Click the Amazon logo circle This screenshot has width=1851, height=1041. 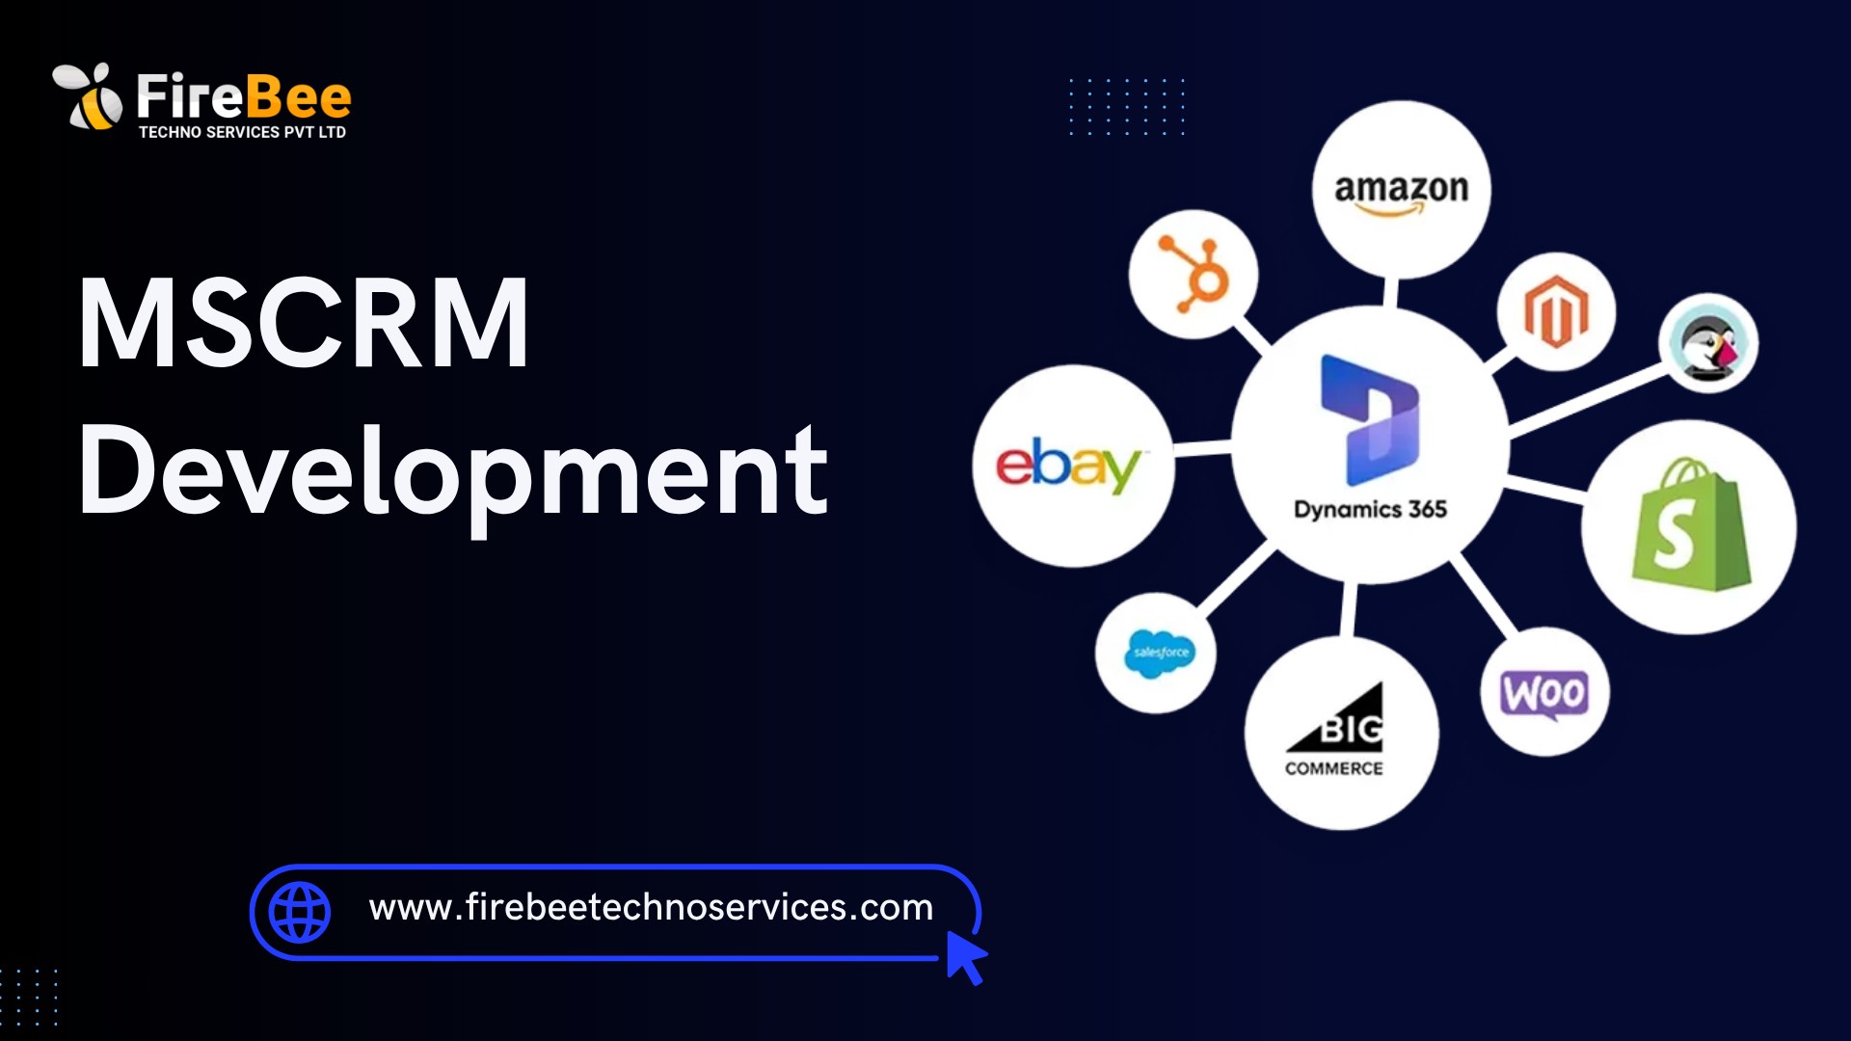coord(1401,190)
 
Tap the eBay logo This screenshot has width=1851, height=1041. coord(1068,467)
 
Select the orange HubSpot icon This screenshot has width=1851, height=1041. coord(1194,275)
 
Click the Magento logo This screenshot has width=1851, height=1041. coord(1556,311)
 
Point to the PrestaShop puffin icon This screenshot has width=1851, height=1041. coord(1708,344)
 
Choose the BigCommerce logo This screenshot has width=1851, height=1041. coord(1334,731)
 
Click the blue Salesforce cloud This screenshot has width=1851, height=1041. coord(1157,654)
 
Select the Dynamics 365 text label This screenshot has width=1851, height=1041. coord(1370,509)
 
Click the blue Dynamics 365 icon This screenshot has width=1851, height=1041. coord(1370,420)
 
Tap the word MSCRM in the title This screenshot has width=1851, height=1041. coord(304,323)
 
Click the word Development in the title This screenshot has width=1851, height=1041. coord(453,472)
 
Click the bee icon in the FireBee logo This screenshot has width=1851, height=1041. coord(88,96)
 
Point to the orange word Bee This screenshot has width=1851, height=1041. coord(298,96)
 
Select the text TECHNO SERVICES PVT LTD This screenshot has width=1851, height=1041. coord(242,132)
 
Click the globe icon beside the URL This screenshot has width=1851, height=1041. coord(300,912)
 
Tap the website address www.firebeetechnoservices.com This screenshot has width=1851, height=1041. coord(651,907)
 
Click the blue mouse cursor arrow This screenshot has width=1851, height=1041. coord(966,956)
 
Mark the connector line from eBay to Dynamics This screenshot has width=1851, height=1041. coord(1202,448)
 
